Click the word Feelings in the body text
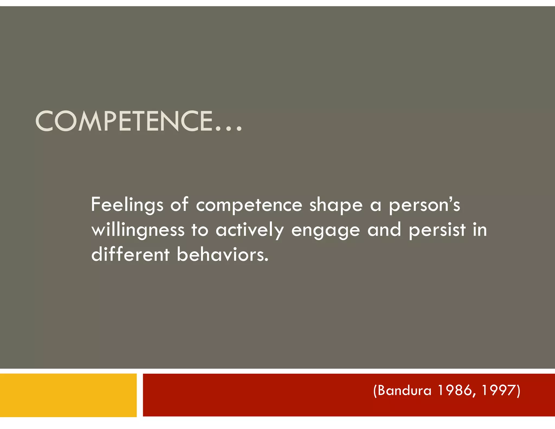point(127,205)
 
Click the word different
point(130,255)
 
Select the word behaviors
point(222,255)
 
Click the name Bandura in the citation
point(404,390)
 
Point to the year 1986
point(456,390)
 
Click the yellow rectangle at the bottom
point(68,395)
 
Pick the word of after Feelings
point(179,205)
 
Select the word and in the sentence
point(384,230)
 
